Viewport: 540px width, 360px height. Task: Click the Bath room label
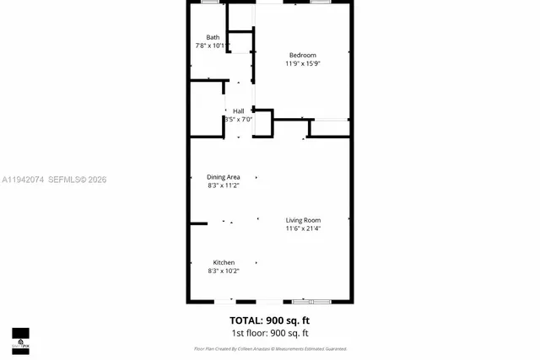click(213, 37)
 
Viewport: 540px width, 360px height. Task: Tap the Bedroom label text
click(303, 55)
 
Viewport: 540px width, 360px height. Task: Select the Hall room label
click(239, 110)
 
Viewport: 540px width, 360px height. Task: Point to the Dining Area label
click(224, 177)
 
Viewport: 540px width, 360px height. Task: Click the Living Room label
click(303, 220)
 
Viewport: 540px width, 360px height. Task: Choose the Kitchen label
click(224, 262)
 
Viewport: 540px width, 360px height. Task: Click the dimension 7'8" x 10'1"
click(213, 46)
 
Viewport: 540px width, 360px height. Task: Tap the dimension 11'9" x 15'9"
click(303, 63)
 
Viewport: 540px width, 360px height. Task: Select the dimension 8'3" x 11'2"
click(224, 185)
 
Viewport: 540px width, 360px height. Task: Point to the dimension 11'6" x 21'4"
click(303, 228)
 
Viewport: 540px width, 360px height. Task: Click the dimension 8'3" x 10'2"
click(224, 271)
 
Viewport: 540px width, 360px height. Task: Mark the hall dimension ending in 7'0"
click(239, 119)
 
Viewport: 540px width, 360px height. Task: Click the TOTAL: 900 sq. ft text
click(270, 320)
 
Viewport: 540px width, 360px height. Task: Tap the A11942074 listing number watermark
click(22, 180)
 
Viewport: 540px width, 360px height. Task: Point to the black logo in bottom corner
click(20, 340)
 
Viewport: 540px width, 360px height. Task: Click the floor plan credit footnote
click(270, 348)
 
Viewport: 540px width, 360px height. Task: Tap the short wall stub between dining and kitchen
click(198, 223)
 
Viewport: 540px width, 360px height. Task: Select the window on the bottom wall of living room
click(311, 301)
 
